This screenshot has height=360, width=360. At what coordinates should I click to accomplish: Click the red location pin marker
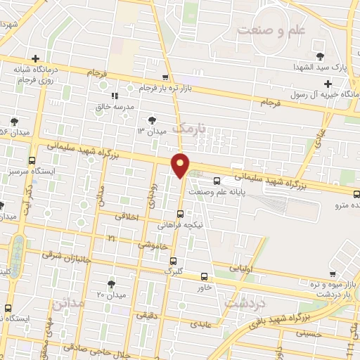pyautogui.click(x=181, y=165)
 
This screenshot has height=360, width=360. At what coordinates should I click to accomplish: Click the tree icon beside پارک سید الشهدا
pyautogui.click(x=321, y=55)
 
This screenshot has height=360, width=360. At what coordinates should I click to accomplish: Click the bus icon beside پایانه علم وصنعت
pyautogui.click(x=217, y=180)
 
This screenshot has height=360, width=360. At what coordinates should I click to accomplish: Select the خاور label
pyautogui.click(x=204, y=287)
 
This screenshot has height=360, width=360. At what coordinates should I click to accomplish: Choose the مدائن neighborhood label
pyautogui.click(x=67, y=307)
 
